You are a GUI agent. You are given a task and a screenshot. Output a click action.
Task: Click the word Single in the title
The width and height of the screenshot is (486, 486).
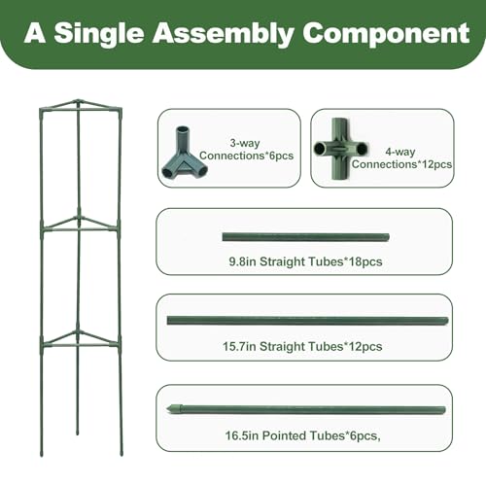coord(99,34)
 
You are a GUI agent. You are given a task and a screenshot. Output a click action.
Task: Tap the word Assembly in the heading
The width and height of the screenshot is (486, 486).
coord(224,34)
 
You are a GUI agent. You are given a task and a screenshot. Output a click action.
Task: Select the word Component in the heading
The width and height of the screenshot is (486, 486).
coord(386,34)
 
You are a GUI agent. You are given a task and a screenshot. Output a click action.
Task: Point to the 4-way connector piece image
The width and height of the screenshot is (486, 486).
coord(341,149)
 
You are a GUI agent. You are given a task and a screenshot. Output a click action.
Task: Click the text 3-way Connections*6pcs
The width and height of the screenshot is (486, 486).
coord(246,149)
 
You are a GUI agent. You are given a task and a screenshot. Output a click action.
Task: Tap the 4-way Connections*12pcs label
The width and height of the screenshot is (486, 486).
coord(401,157)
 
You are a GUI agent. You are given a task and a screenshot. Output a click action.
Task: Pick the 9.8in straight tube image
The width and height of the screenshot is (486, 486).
coord(305,237)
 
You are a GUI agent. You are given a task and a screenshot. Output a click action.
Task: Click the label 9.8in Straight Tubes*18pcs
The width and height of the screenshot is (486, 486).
coord(305,261)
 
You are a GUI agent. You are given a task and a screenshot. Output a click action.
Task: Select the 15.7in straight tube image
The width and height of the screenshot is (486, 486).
coord(307,321)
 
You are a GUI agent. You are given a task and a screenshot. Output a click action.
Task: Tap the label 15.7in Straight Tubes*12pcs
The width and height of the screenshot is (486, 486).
coord(302,346)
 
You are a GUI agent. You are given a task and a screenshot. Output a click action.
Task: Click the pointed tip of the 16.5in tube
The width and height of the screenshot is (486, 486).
coord(167,409)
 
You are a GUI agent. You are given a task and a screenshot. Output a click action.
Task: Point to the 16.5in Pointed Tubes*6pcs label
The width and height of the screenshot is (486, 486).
coord(303,435)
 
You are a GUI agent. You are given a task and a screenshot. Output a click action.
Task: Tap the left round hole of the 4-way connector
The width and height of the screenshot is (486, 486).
coord(320,149)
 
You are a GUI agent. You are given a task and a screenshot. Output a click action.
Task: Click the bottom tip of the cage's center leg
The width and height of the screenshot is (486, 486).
coord(77,434)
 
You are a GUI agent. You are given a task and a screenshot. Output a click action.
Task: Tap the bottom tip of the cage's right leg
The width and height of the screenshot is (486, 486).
coord(121,455)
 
